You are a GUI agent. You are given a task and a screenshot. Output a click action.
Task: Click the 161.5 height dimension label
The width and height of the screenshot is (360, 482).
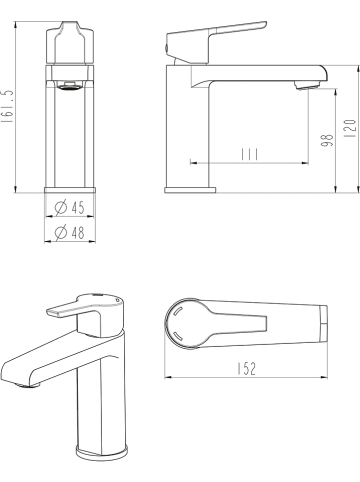[x=7, y=107]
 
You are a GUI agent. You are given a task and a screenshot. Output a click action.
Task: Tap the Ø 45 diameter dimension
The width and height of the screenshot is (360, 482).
[x=70, y=207]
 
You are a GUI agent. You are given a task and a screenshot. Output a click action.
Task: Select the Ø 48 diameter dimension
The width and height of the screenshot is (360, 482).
[x=70, y=232]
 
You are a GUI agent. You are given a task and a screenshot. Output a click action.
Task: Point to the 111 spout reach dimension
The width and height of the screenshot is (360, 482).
[x=250, y=154]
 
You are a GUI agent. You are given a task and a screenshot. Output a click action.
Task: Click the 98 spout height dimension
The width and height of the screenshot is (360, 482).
[x=327, y=140]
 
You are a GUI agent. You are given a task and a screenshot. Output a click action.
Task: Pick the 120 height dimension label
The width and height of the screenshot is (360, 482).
[x=350, y=129]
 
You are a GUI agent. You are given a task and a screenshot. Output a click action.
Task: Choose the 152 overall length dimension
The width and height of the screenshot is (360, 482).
[x=247, y=369]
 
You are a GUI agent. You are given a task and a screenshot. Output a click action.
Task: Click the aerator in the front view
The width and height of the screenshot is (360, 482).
[x=70, y=86]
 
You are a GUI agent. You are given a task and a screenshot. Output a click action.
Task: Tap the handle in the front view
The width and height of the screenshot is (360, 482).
[x=70, y=43]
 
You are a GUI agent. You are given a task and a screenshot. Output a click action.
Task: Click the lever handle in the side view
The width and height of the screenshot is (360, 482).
[x=217, y=42]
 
